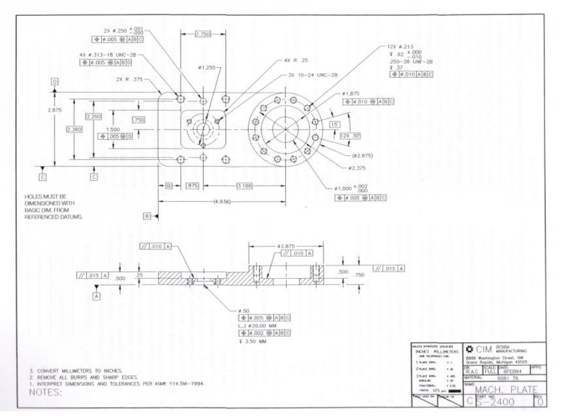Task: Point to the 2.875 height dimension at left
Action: click(x=55, y=110)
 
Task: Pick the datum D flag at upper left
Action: click(x=55, y=81)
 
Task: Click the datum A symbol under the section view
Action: click(x=97, y=295)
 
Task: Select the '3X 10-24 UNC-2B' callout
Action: click(x=313, y=75)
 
